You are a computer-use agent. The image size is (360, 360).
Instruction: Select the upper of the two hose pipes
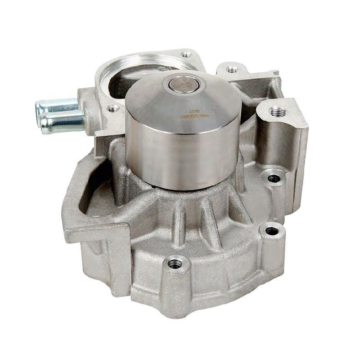tap(58, 106)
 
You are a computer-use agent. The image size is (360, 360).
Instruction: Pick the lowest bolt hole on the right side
tap(272, 231)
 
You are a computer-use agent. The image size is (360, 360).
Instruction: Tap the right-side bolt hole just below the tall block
tap(274, 178)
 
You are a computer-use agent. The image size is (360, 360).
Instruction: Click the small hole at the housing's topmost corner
tap(186, 55)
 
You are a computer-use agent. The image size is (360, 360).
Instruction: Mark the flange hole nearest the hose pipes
tap(113, 108)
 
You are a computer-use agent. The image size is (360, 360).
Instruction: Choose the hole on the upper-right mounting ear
tap(232, 70)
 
